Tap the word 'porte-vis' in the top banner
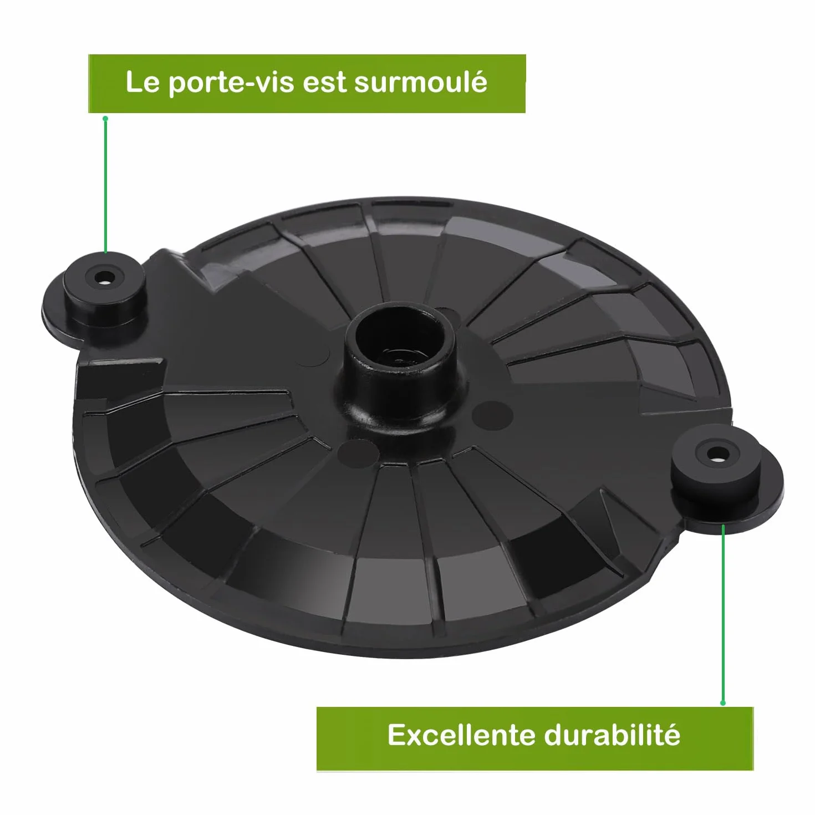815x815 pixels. coord(231,84)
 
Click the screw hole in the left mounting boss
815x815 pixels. coord(104,279)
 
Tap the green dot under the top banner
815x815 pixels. coord(106,119)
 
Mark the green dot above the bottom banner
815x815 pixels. coord(723,703)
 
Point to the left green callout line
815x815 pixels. coord(106,186)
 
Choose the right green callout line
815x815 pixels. coord(723,613)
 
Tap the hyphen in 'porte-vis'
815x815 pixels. coord(249,85)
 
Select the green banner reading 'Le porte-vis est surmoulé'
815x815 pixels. coord(307,84)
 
